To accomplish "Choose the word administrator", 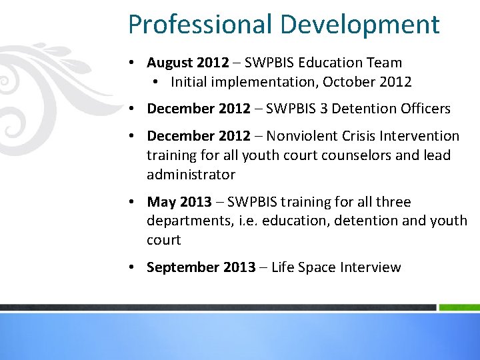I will click(x=191, y=175).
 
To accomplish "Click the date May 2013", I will click(x=179, y=202).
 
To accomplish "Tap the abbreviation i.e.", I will click(x=249, y=221).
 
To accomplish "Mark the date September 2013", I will click(x=201, y=267).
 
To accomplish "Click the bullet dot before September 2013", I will click(x=133, y=267).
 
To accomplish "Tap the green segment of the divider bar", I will click(x=459, y=307).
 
